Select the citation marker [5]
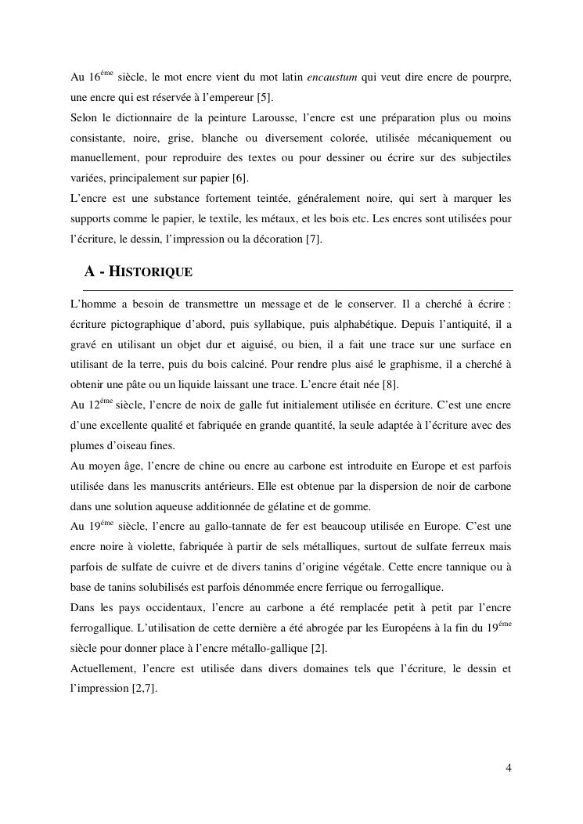[265, 98]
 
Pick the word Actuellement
[102, 669]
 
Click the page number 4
[509, 768]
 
